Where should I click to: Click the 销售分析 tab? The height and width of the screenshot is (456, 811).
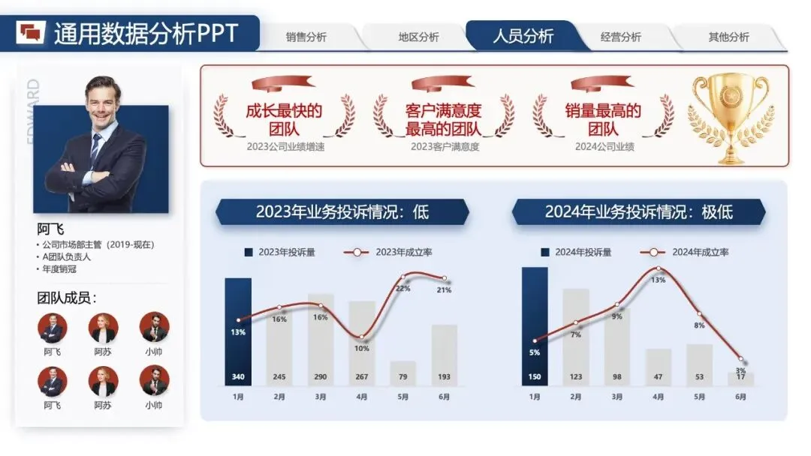click(306, 37)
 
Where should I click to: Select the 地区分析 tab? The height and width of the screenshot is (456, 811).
click(418, 37)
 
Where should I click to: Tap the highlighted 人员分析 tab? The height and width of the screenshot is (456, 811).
click(523, 36)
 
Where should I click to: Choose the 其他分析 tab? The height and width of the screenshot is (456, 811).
click(728, 37)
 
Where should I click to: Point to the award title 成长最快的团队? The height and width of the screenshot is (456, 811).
click(284, 120)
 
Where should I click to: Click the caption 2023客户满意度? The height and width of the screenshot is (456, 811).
click(445, 147)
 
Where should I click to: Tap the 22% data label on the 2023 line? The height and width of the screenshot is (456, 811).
click(403, 288)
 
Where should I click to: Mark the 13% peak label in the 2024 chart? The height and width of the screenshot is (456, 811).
click(658, 280)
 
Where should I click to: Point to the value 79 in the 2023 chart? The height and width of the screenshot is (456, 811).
click(403, 376)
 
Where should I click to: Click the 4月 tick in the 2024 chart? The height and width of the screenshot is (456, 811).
click(658, 397)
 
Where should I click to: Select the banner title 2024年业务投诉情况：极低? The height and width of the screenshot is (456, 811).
click(638, 211)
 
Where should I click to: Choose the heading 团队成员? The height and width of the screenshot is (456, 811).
click(67, 298)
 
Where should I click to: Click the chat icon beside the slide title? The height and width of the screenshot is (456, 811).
click(32, 33)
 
